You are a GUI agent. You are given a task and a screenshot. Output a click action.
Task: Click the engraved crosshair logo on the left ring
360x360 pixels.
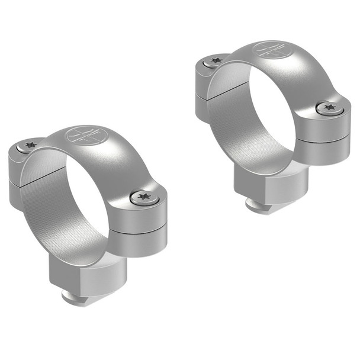click(83, 134)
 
